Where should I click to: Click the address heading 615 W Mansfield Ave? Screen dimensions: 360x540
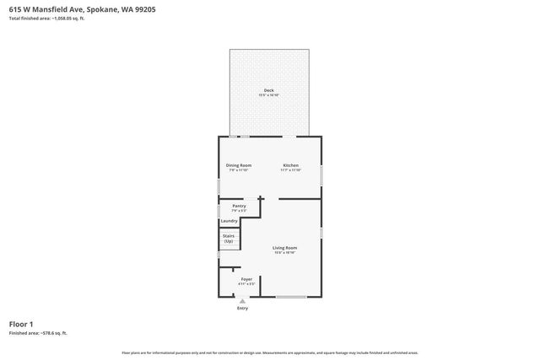(81, 9)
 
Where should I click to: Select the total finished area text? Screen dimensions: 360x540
(46, 18)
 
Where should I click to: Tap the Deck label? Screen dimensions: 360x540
(268, 90)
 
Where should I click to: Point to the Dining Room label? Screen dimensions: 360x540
(239, 165)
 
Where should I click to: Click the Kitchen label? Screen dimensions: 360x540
(290, 165)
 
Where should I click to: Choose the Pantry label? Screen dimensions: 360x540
(239, 206)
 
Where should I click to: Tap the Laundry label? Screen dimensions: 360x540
(229, 221)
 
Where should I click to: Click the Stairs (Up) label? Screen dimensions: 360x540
(229, 239)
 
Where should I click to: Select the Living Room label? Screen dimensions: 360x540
(284, 248)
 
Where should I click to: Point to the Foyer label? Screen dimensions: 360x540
(246, 279)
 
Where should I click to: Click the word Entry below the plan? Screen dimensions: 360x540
(243, 309)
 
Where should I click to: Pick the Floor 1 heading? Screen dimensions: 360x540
(21, 324)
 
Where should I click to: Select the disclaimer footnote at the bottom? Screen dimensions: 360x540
(269, 352)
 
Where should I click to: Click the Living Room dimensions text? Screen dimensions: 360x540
(284, 253)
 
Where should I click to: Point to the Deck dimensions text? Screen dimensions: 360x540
(268, 95)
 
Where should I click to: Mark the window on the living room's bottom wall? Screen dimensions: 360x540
(291, 297)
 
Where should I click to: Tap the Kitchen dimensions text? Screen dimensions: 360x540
(290, 170)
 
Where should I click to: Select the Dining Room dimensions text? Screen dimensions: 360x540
(239, 170)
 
